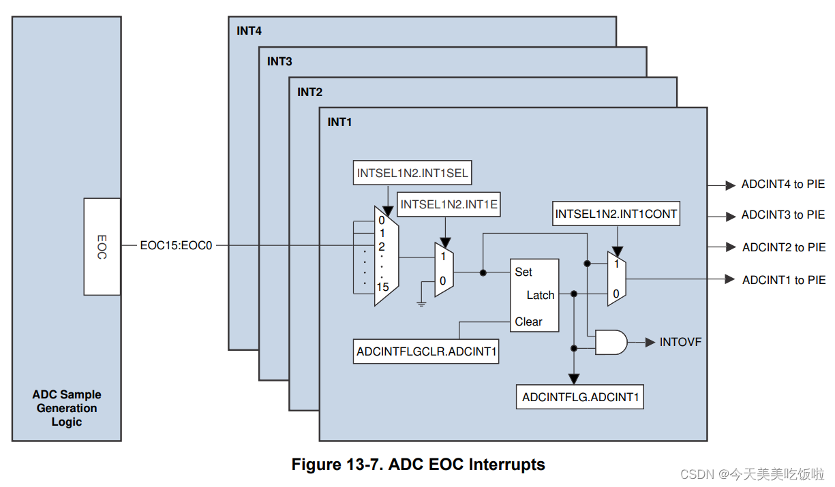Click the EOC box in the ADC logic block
[x=102, y=247]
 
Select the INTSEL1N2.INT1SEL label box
[x=412, y=173]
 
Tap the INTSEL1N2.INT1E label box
[x=449, y=204]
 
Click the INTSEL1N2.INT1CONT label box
[x=616, y=214]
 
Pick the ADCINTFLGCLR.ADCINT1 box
[x=426, y=352]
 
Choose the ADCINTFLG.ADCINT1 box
[x=580, y=397]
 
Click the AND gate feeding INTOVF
[x=611, y=342]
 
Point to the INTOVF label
[x=680, y=342]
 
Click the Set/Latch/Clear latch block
[x=534, y=295]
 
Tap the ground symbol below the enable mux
[x=421, y=303]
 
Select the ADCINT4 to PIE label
[x=783, y=185]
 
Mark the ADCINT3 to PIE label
[x=783, y=215]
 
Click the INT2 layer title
[x=309, y=92]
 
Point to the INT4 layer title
[x=249, y=31]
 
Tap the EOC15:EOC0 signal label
[x=177, y=245]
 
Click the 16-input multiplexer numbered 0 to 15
[x=386, y=256]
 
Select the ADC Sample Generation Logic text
[x=67, y=408]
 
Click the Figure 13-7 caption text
[x=418, y=465]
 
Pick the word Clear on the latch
[x=528, y=321]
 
